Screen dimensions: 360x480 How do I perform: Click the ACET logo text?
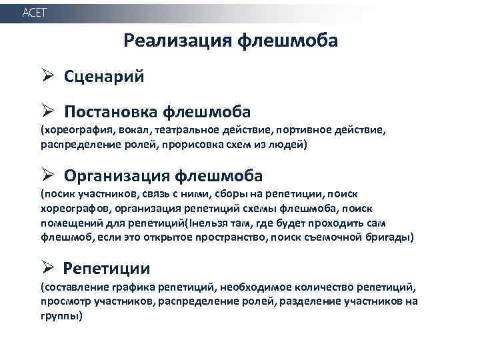[x=35, y=13]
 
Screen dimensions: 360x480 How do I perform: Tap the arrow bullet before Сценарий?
[x=46, y=75]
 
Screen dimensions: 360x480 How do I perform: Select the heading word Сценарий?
[x=104, y=76]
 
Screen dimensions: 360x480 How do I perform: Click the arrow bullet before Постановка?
[x=46, y=110]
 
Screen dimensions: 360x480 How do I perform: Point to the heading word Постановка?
[x=111, y=110]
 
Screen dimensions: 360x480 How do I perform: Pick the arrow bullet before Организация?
[x=46, y=176]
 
